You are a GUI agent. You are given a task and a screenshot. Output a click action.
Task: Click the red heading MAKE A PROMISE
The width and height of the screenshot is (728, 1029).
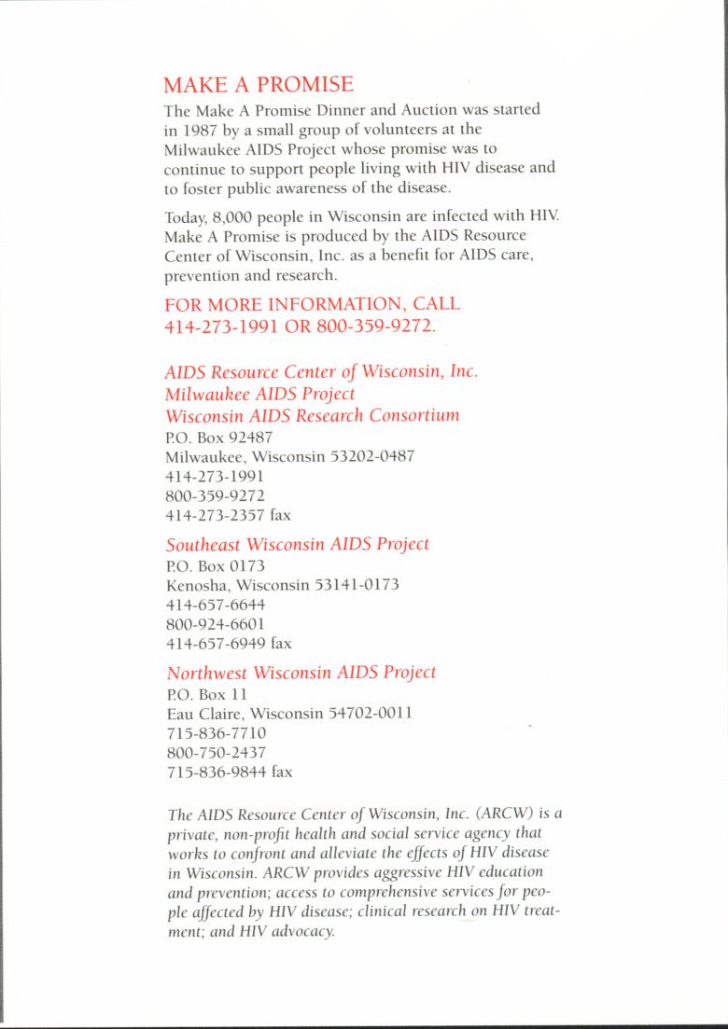tap(259, 85)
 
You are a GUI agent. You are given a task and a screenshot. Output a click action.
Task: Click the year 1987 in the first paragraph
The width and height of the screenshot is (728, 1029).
tap(198, 131)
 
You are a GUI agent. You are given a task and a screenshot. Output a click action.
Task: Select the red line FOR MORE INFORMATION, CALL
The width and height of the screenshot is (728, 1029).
tap(312, 305)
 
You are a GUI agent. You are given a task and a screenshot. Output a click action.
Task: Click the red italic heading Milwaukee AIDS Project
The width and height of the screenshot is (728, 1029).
tap(259, 394)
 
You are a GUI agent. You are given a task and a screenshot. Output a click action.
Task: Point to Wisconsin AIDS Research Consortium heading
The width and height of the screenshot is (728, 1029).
tap(312, 415)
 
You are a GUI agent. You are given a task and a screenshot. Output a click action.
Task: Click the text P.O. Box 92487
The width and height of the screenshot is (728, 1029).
tap(205, 437)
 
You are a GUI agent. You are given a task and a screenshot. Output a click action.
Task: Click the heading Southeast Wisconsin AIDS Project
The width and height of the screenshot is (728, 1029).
tap(298, 544)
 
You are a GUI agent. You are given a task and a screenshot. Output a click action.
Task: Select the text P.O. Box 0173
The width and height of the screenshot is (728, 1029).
tap(202, 565)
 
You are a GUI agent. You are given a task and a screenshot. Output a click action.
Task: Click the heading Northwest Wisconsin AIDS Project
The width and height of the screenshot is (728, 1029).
tap(301, 673)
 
